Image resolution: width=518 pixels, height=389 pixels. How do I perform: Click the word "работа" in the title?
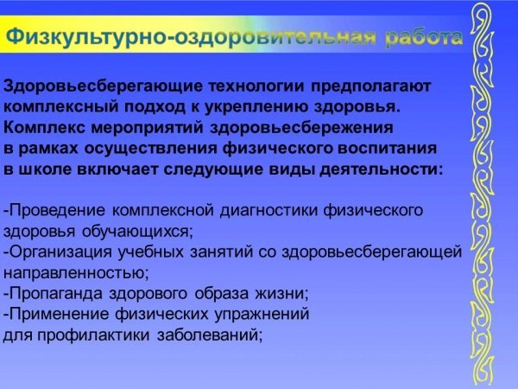424,37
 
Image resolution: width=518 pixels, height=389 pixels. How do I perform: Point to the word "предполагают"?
370,86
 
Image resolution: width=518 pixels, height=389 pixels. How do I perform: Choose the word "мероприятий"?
147,128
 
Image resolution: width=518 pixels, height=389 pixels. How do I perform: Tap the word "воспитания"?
387,148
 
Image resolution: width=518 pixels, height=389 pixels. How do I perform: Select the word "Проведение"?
54,210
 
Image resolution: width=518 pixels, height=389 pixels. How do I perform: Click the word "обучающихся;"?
137,232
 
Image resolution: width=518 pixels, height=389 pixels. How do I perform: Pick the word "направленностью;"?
76,273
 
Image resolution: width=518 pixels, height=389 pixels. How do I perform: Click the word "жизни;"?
281,293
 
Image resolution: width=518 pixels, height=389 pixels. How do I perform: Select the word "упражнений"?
262,315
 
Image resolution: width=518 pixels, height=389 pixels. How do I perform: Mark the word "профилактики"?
93,335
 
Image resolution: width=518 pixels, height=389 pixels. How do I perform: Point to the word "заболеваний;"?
210,335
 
